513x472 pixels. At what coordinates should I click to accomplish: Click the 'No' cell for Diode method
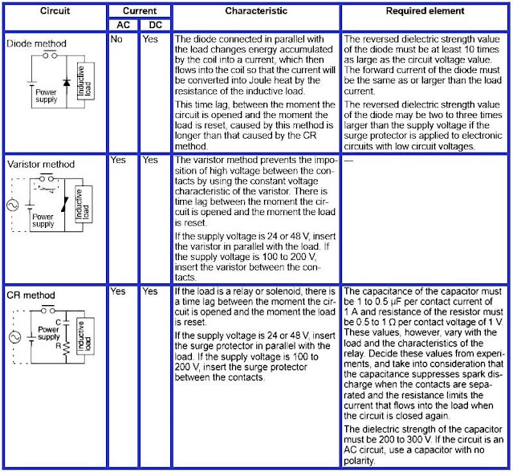pos(117,39)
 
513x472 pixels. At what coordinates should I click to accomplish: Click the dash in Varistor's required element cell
pos(348,160)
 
